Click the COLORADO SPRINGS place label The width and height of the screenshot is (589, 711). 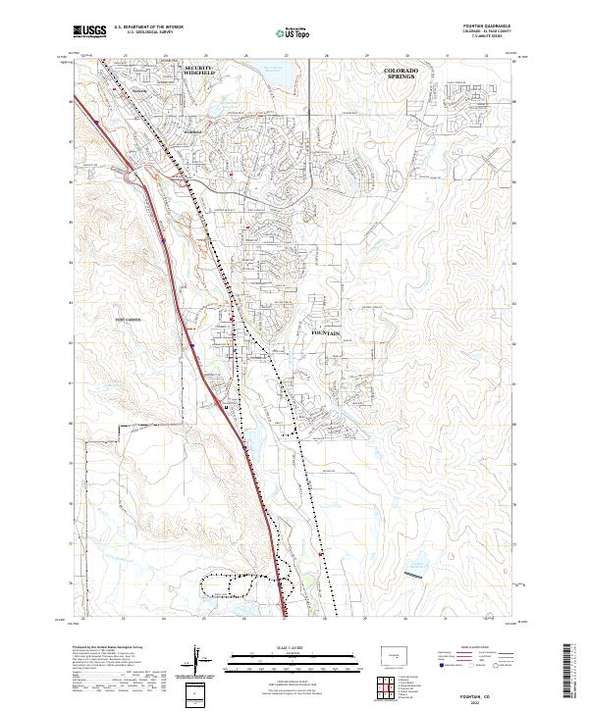(401, 75)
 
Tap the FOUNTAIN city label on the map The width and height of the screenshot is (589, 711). (326, 333)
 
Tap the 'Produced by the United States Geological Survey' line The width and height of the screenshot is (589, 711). (109, 648)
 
